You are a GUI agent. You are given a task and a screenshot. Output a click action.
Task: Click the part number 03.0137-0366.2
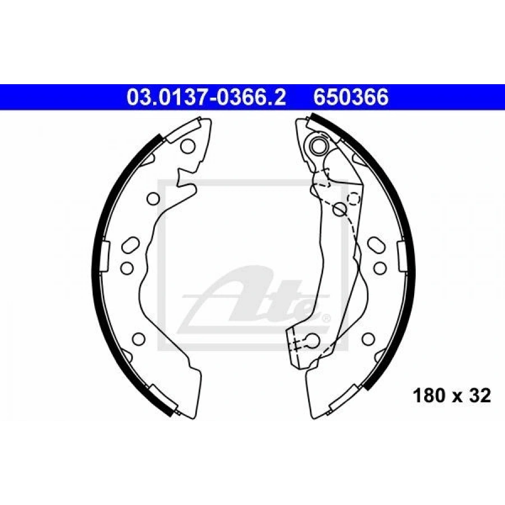tap(206, 97)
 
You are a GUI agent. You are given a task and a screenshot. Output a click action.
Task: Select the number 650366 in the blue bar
tap(351, 97)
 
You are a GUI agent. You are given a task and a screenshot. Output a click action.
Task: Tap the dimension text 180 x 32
tap(452, 396)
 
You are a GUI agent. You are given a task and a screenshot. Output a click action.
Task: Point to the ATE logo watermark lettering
tap(254, 296)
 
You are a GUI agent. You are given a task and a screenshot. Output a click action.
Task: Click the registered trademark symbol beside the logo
tap(325, 318)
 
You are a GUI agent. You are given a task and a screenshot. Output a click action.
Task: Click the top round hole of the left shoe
tap(188, 146)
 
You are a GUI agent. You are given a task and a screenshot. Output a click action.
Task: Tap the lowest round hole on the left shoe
tap(139, 338)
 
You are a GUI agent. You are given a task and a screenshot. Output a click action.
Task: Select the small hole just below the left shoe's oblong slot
tap(127, 268)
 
